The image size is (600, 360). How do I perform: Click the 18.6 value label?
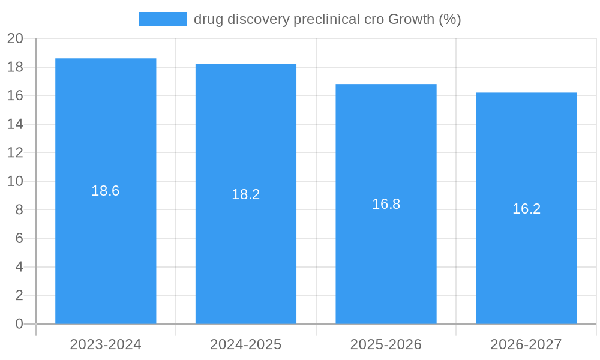(106, 191)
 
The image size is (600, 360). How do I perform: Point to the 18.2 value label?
(246, 194)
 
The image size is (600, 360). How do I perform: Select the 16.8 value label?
(386, 204)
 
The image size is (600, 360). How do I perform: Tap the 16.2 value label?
(526, 209)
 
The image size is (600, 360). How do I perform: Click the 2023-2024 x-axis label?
(106, 344)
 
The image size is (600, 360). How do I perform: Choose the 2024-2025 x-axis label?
(246, 344)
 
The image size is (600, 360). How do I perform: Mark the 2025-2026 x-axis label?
(386, 344)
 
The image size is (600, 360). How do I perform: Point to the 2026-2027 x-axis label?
(526, 344)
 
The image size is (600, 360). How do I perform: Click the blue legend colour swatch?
(162, 19)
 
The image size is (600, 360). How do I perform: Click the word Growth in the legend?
(411, 19)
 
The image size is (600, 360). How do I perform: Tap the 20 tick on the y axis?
(15, 38)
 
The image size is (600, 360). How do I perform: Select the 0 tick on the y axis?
(19, 324)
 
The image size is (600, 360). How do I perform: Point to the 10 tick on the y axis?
(15, 181)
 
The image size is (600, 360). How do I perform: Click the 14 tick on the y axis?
(15, 124)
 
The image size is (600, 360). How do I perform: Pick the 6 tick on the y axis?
(19, 238)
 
